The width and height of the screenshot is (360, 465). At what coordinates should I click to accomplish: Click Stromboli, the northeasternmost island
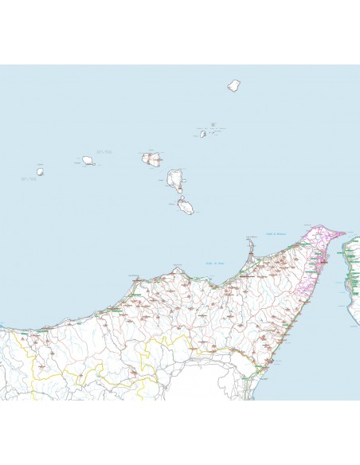tap(234, 85)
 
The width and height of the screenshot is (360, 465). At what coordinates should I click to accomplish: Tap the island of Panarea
tap(203, 134)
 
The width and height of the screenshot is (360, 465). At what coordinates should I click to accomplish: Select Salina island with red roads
tap(150, 158)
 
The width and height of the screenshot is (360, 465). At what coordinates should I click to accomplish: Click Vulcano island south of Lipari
tap(186, 207)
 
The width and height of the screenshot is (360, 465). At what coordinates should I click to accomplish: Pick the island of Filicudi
tap(88, 162)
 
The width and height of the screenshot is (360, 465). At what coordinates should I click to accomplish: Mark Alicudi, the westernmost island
tap(40, 170)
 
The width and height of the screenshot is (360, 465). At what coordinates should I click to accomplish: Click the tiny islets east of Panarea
tap(213, 125)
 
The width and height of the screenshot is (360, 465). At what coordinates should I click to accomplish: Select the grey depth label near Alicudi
tap(29, 178)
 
